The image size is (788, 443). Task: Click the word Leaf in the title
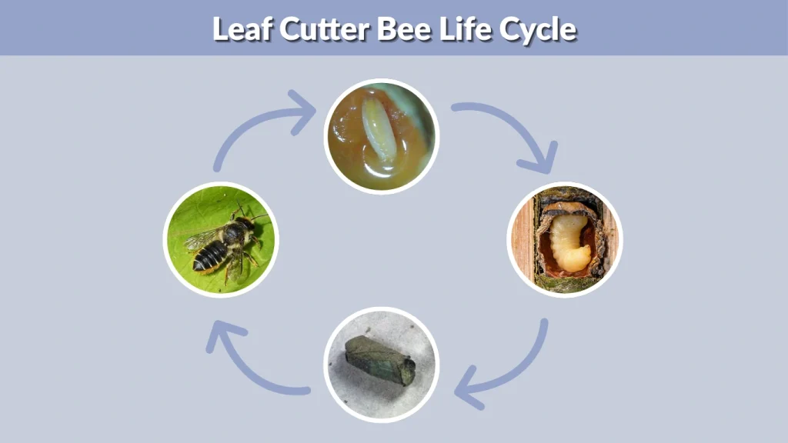pos(240,29)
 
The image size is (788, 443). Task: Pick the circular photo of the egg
pos(381,136)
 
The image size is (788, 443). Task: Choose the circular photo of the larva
pos(565,239)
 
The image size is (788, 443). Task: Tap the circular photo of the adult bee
pos(221,239)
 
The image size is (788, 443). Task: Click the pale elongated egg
pos(377,131)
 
